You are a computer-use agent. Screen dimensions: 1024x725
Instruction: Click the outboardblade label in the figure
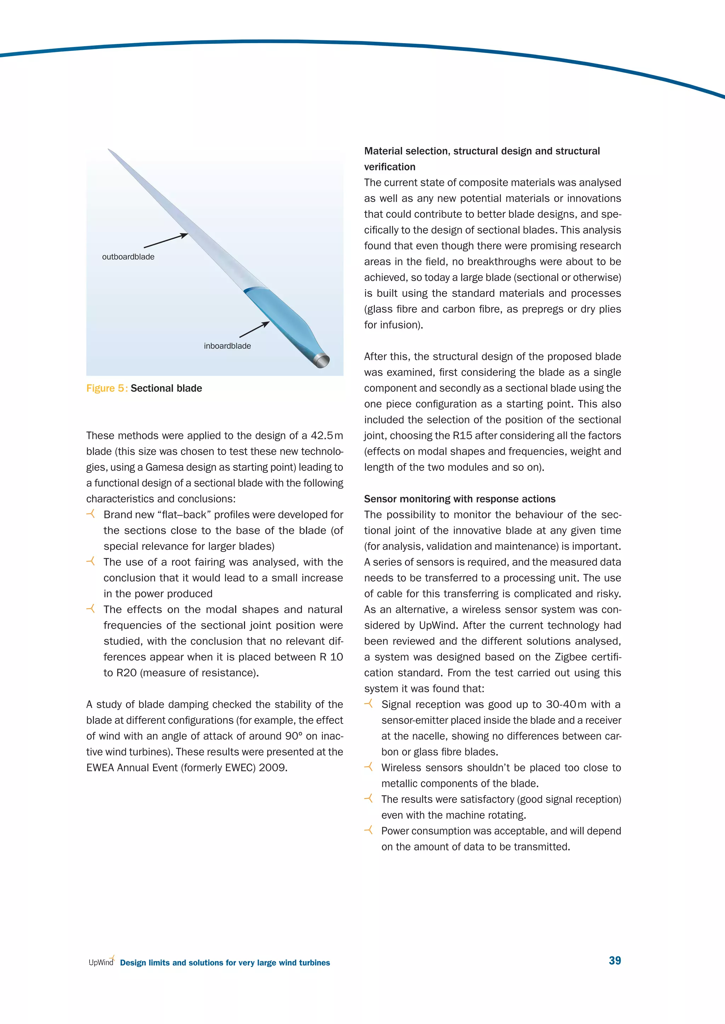pos(128,257)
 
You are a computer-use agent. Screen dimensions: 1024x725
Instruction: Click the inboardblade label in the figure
pos(227,346)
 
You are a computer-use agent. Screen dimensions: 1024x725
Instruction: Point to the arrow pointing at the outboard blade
pos(165,241)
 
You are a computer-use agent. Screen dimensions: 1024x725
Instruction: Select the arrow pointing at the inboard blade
pos(254,330)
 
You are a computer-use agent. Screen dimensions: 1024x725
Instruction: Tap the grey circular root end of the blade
pos(322,360)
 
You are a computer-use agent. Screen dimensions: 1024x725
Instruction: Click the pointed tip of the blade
pos(110,151)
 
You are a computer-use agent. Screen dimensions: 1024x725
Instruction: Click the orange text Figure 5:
pos(107,389)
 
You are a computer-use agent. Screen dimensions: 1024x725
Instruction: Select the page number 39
pos(615,960)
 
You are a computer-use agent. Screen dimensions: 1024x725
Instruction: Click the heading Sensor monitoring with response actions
pos(459,499)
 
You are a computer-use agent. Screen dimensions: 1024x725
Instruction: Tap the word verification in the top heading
pos(389,167)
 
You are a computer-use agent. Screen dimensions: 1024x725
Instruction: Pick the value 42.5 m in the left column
pos(327,436)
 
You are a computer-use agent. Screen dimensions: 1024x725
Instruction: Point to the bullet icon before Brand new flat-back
pos(91,514)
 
